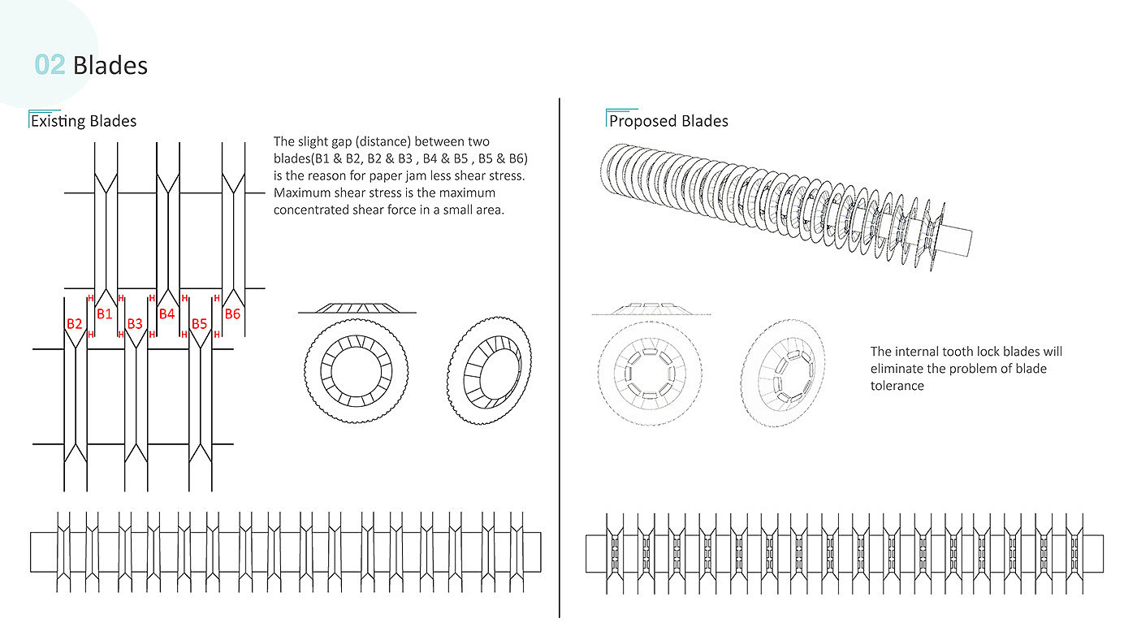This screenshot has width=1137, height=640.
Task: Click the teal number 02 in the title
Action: [x=50, y=65]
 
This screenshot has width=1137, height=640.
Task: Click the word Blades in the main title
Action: [x=110, y=65]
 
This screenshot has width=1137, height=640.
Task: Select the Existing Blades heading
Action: [x=84, y=121]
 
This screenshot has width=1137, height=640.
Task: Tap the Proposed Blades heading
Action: [x=668, y=121]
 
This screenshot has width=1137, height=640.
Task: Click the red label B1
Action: [x=105, y=314]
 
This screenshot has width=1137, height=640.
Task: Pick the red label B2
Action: [x=75, y=324]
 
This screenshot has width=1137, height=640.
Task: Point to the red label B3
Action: [x=135, y=324]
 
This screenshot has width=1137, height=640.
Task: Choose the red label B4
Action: [x=166, y=314]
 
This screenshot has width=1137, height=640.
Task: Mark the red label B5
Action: [x=200, y=324]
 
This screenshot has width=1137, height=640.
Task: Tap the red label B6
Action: [x=232, y=314]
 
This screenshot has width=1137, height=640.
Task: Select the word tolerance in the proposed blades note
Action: [x=897, y=386]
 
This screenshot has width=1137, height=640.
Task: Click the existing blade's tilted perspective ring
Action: [x=490, y=370]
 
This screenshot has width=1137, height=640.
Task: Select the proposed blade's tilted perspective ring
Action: [x=785, y=373]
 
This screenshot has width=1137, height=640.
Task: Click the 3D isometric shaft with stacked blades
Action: [x=780, y=199]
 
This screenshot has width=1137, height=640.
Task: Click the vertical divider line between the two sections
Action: [x=560, y=357]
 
